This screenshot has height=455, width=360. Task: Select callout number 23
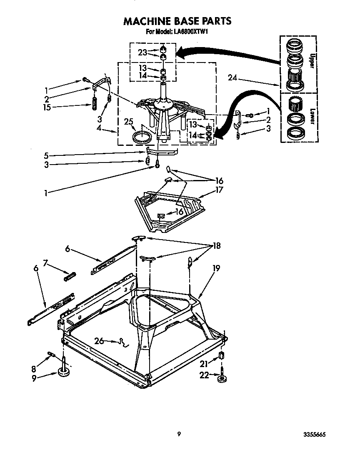[x=143, y=52]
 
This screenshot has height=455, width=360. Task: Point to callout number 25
[x=130, y=121]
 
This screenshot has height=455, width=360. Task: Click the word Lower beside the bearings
[x=310, y=116]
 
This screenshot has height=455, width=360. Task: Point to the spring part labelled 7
[x=70, y=275]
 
